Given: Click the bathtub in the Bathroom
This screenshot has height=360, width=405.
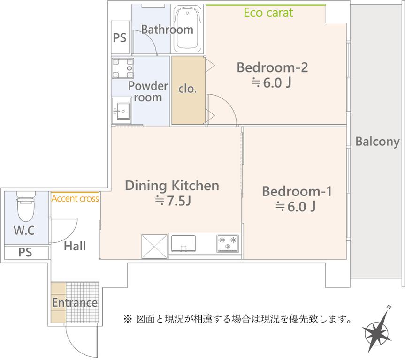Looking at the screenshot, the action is click(x=188, y=29).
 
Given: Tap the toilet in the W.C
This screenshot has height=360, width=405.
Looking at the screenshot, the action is click(x=26, y=206).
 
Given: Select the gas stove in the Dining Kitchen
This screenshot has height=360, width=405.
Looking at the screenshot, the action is click(x=228, y=243).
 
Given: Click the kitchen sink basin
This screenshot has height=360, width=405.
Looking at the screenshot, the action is click(x=183, y=243).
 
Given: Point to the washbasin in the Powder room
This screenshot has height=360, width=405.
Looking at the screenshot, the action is click(x=122, y=111).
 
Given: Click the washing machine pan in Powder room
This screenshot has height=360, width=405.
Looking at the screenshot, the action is click(x=122, y=68).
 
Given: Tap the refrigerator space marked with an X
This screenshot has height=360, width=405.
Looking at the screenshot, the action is click(x=154, y=246).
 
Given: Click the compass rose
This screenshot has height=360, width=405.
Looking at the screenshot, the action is click(x=377, y=333).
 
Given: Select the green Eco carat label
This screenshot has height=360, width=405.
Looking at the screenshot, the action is click(x=268, y=13).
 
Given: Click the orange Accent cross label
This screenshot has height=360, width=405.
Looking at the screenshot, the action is click(x=75, y=198).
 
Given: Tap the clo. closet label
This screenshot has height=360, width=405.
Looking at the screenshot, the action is click(x=188, y=89).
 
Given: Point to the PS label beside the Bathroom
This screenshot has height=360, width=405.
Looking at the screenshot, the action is click(x=120, y=37).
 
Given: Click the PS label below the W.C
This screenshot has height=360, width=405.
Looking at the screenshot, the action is click(x=25, y=252).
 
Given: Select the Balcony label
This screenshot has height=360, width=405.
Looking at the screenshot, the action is click(x=377, y=142).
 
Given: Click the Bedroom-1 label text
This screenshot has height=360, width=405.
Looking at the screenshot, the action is click(x=297, y=191).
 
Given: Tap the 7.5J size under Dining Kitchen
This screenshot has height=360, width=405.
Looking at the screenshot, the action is click(x=173, y=201).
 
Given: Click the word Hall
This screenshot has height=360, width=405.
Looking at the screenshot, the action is click(x=75, y=246).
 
